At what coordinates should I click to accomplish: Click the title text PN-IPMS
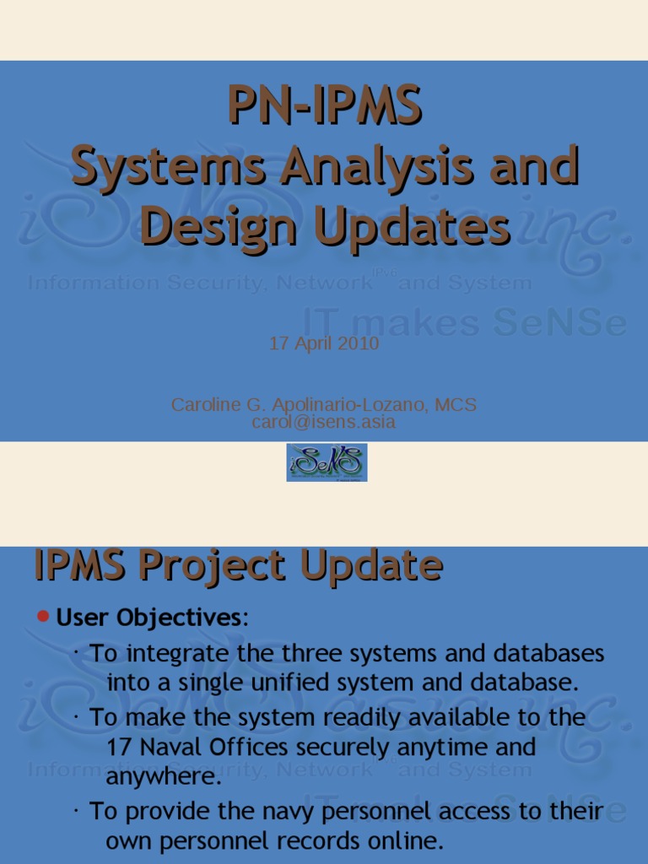pos(325,107)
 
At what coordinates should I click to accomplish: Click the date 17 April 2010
pos(324,344)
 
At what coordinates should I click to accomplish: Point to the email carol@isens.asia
pos(324,422)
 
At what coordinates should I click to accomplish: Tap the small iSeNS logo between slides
pos(327,462)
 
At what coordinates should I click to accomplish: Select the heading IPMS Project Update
pos(238,565)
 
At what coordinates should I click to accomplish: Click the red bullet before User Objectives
pos(44,617)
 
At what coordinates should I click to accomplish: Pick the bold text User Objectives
pos(148,618)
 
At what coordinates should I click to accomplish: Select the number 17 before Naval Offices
pos(119,748)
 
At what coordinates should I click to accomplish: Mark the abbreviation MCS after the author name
pos(456,405)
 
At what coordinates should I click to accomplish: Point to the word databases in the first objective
pos(548,654)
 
